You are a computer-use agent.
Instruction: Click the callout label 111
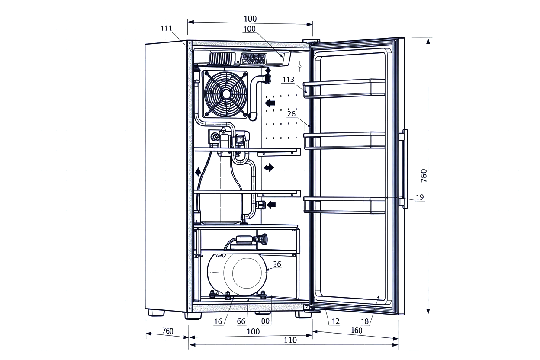[166, 29]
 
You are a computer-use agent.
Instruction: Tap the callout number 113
[289, 80]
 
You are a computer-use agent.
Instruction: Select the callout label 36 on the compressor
[277, 264]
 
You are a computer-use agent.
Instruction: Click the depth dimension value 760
[167, 331]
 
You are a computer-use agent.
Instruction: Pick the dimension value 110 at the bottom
[290, 340]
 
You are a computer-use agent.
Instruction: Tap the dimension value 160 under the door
[357, 330]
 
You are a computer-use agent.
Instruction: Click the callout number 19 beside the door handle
[419, 197]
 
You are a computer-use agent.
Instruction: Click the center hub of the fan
[225, 94]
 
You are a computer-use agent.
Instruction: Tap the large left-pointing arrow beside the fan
[270, 103]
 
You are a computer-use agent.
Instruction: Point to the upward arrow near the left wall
[198, 172]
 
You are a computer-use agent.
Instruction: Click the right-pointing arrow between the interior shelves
[269, 168]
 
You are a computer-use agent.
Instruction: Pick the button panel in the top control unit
[250, 59]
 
